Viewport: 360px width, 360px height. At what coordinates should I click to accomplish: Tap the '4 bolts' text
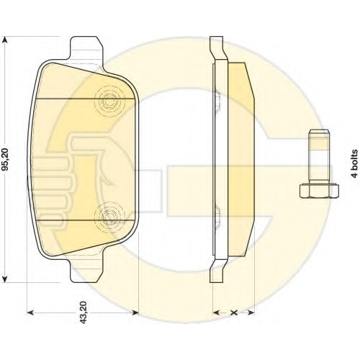coord(354,163)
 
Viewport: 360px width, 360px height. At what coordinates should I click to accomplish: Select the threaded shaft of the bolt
coord(318,156)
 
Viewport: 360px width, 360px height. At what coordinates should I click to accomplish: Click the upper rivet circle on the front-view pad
coord(110,102)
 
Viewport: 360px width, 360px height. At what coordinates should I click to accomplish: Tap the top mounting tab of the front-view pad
coord(86,48)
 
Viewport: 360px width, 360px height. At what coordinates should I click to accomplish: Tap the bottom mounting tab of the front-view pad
coord(86,271)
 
